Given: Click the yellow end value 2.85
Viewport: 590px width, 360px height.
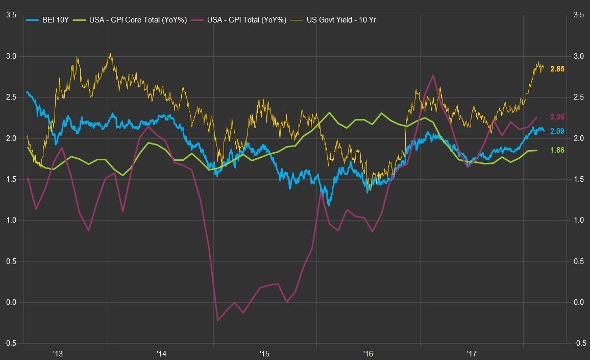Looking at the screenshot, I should tap(557, 69).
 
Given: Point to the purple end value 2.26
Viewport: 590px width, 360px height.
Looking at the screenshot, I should tap(557, 117).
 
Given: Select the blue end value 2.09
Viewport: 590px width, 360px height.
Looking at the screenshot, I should tap(557, 131).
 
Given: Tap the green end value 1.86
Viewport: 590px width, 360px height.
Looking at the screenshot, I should tap(557, 150).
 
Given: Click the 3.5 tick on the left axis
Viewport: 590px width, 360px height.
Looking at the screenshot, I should tap(10, 15).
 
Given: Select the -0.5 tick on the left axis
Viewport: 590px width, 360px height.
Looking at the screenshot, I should tap(9, 343).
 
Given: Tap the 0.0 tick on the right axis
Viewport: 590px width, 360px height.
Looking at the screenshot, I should tap(578, 302).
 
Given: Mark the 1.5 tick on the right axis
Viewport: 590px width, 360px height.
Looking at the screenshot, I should tap(578, 179).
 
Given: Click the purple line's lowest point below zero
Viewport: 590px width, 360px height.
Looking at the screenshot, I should tap(218, 321).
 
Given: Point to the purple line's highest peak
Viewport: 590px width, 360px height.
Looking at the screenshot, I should tap(433, 75).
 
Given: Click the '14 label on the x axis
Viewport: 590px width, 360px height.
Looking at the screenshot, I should tap(161, 353).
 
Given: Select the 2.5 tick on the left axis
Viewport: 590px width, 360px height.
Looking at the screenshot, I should tap(10, 97).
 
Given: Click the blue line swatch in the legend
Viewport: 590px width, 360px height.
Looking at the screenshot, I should tap(32, 20).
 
